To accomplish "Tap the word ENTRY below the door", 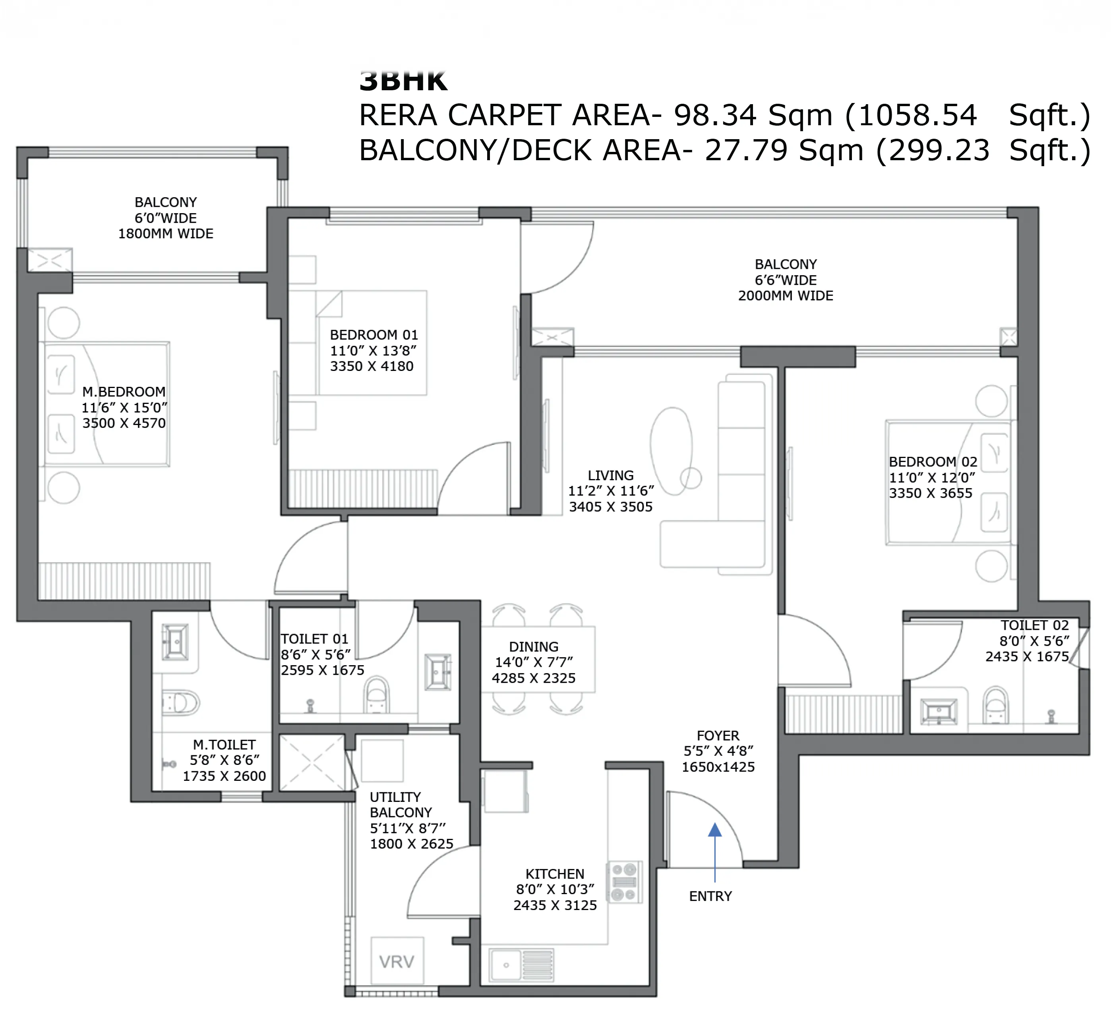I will coord(710,896).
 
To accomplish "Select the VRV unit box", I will coord(397,962).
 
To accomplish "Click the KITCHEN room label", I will coord(554,873).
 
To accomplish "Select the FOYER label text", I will coord(718,735).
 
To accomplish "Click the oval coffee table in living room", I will coord(671,449).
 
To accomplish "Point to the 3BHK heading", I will coord(403,82).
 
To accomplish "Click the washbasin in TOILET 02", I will coord(939,711).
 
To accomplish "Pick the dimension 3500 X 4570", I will coord(124,423).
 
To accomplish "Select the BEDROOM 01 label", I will coord(374,335).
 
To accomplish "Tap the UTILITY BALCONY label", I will coord(401,805).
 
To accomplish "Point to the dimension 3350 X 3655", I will coord(930,493).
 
